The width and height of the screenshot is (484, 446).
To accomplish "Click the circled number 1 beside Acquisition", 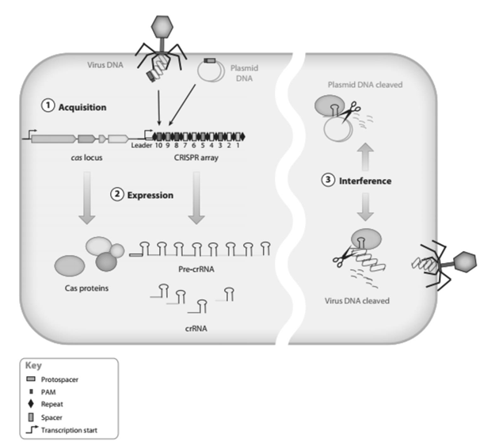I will coord(47,105).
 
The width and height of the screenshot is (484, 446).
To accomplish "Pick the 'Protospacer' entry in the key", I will coord(64,380).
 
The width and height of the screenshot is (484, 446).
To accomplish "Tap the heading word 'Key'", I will coord(34,367).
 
